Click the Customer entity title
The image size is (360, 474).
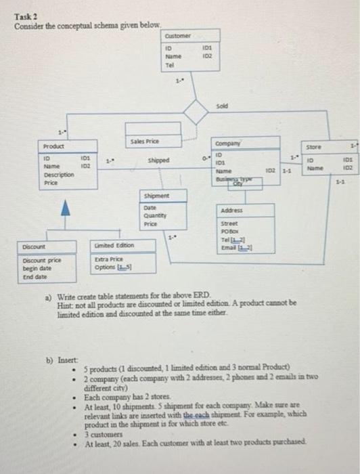point(178,35)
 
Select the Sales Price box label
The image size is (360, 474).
point(143,141)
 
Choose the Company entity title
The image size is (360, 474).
point(224,144)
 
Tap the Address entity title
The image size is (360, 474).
point(232,211)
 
